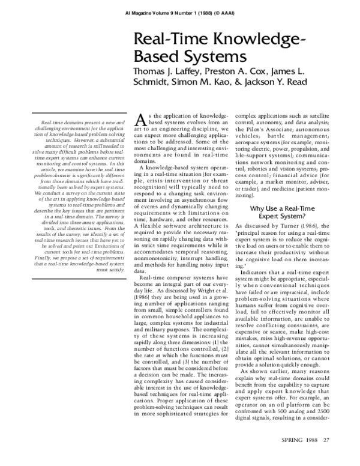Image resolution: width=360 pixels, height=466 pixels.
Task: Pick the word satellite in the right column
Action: point(321,115)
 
